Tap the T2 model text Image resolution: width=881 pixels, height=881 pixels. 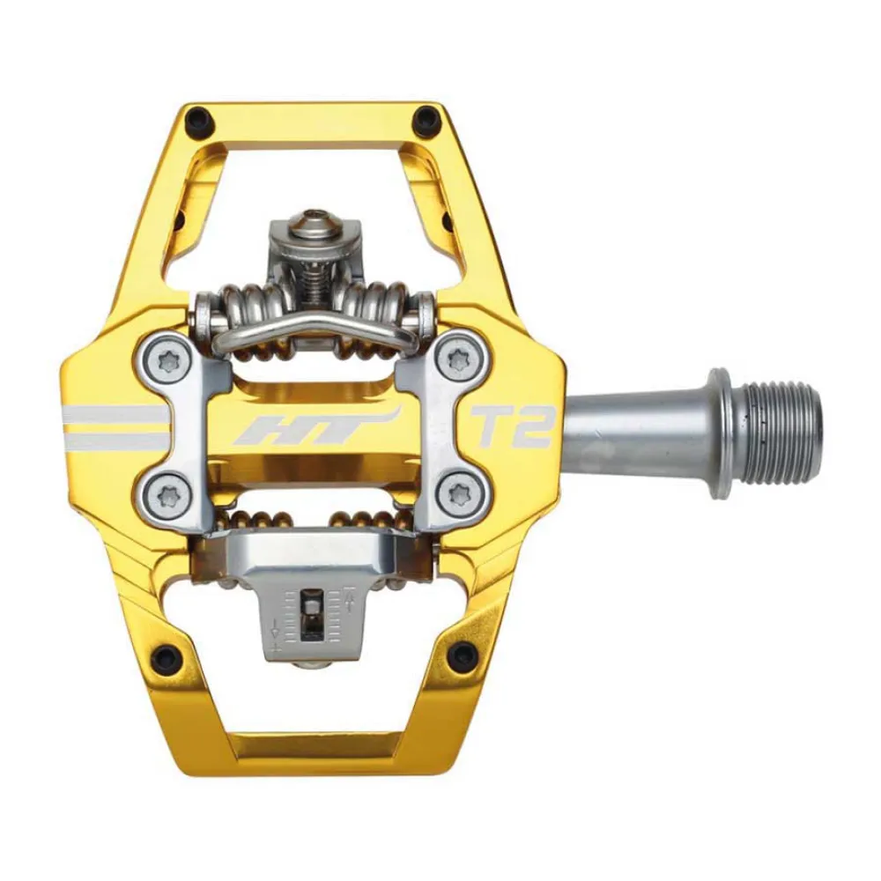point(514,427)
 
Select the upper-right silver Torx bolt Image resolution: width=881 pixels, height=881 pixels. point(458,359)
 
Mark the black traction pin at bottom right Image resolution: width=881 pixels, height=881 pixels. point(459,655)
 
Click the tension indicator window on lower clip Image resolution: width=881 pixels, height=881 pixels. point(311,612)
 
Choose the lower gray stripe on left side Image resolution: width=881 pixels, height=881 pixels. point(110,439)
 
